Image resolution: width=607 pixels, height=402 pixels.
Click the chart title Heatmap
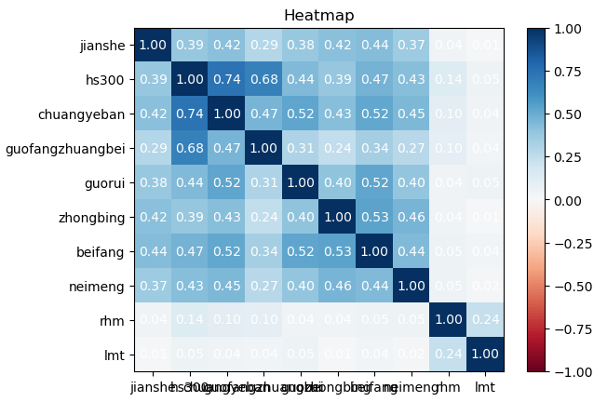coord(318,16)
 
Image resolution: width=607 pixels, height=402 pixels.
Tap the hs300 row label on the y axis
coord(111,79)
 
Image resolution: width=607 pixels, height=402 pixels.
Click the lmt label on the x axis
coord(484,386)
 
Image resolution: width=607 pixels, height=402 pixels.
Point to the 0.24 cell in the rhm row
coord(484,320)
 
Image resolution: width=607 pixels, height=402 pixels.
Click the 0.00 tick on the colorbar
coord(575,200)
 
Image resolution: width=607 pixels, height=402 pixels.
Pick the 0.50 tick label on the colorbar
coord(575,114)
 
